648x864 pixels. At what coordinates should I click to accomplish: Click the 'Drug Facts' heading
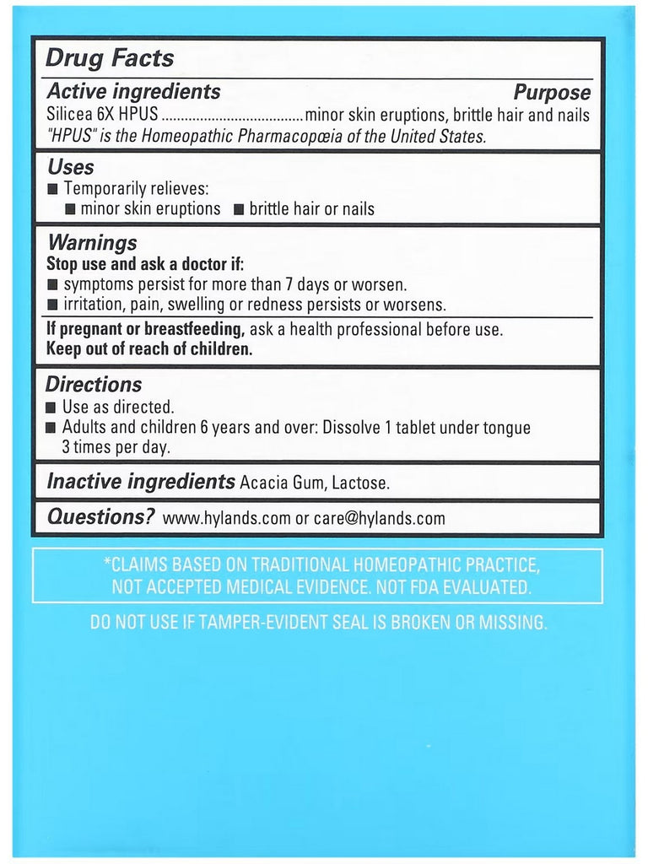pyautogui.click(x=110, y=58)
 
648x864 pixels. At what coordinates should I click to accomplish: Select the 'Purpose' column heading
pyautogui.click(x=552, y=93)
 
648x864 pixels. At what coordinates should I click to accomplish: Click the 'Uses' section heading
pyautogui.click(x=71, y=167)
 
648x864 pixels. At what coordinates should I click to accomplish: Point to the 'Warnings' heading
pyautogui.click(x=91, y=243)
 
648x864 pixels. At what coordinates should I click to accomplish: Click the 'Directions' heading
pyautogui.click(x=94, y=385)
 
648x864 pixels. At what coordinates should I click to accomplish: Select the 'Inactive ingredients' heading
pyautogui.click(x=140, y=483)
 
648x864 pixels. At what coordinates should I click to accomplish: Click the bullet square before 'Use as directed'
pyautogui.click(x=51, y=408)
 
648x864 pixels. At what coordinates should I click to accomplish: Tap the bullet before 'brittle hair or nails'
pyautogui.click(x=238, y=209)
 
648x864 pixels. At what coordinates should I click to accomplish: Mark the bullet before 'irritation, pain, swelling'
pyautogui.click(x=51, y=305)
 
